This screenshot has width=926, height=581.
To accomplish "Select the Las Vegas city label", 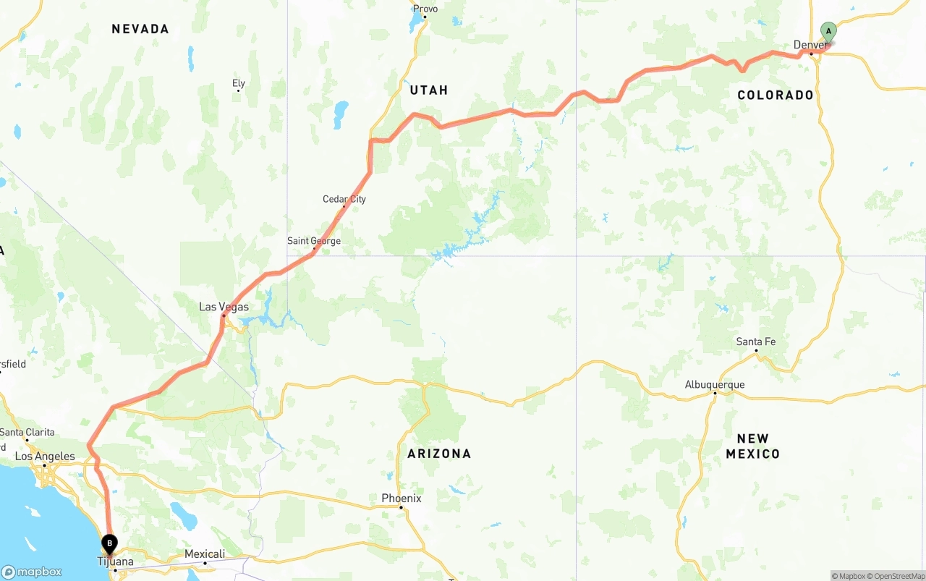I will tap(224, 307).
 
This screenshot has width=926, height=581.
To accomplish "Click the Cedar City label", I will tap(344, 199).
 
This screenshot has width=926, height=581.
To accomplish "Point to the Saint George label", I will tap(314, 241).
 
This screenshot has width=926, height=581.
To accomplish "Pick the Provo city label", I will tap(425, 9).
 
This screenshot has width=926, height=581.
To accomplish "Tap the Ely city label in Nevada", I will tap(239, 84).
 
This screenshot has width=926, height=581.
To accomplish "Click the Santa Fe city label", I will tap(756, 342).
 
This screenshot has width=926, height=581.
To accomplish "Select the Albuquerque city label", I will tap(715, 385).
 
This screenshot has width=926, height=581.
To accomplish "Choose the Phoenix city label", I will tap(402, 499).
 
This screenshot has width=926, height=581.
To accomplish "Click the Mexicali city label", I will tap(205, 554).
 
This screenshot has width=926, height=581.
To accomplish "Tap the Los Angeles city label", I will tap(45, 457).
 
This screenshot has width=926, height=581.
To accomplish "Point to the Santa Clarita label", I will tap(27, 432).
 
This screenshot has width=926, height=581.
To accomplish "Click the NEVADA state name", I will tap(140, 29).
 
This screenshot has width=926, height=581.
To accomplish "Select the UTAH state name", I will tap(429, 90).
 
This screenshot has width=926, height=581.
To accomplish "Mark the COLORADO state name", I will tap(776, 95).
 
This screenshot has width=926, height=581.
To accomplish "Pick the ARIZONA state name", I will tap(439, 454).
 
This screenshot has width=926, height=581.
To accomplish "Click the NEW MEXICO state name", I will tap(752, 446).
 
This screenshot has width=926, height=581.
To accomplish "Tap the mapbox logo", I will tap(32, 572).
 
